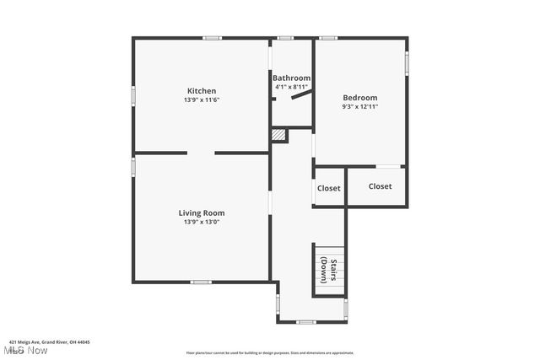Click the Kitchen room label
click(202, 91)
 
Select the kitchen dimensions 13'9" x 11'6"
click(202, 99)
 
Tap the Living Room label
click(202, 213)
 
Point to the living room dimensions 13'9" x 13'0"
click(202, 223)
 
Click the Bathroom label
click(291, 78)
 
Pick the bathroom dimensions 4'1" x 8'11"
click(291, 87)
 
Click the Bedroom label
click(359, 98)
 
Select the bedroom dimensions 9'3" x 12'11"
click(359, 107)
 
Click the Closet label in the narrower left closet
click(328, 188)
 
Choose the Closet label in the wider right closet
click(380, 186)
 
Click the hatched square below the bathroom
click(278, 136)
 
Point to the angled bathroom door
click(299, 95)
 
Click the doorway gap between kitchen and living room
click(201, 153)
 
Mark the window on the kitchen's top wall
click(212, 37)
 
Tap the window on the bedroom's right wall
click(407, 62)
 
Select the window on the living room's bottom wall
click(200, 282)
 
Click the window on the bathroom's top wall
click(285, 37)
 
